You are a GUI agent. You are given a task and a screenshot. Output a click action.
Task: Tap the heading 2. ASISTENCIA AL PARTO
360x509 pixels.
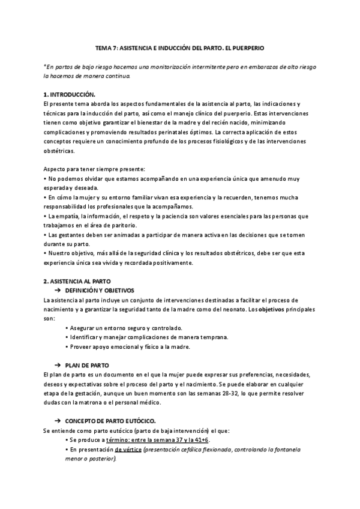[x=77, y=281]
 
